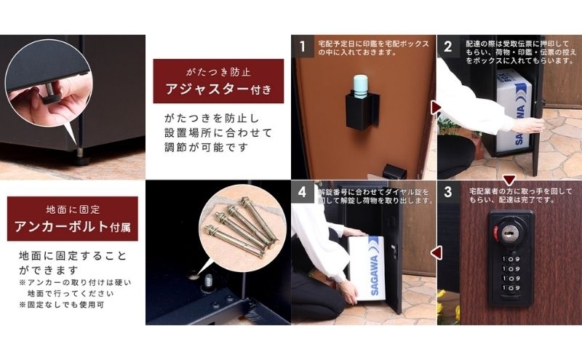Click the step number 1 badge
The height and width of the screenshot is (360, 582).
pos(303,47)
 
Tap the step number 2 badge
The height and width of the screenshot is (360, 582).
pos(448,47)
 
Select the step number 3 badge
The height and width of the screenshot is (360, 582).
pos(448,192)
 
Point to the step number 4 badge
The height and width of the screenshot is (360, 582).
pos(303,192)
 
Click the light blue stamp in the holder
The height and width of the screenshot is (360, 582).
pos(360,86)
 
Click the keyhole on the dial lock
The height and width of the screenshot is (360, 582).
pos(508,233)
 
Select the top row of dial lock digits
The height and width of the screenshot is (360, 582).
pos(511,259)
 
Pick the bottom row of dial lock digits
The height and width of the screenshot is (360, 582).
pos(511,288)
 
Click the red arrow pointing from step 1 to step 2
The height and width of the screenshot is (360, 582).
pos(435,108)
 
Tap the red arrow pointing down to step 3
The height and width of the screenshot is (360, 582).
pos(509,180)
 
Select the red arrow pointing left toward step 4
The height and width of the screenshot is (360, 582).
pos(436,253)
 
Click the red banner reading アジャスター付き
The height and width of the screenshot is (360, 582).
pos(218,81)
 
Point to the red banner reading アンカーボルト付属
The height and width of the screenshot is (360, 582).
pos(72,219)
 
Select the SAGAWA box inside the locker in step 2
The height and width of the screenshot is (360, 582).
pos(514,111)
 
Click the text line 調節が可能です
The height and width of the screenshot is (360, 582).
pos(206,148)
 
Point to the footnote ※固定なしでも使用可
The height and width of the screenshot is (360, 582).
pos(62,305)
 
